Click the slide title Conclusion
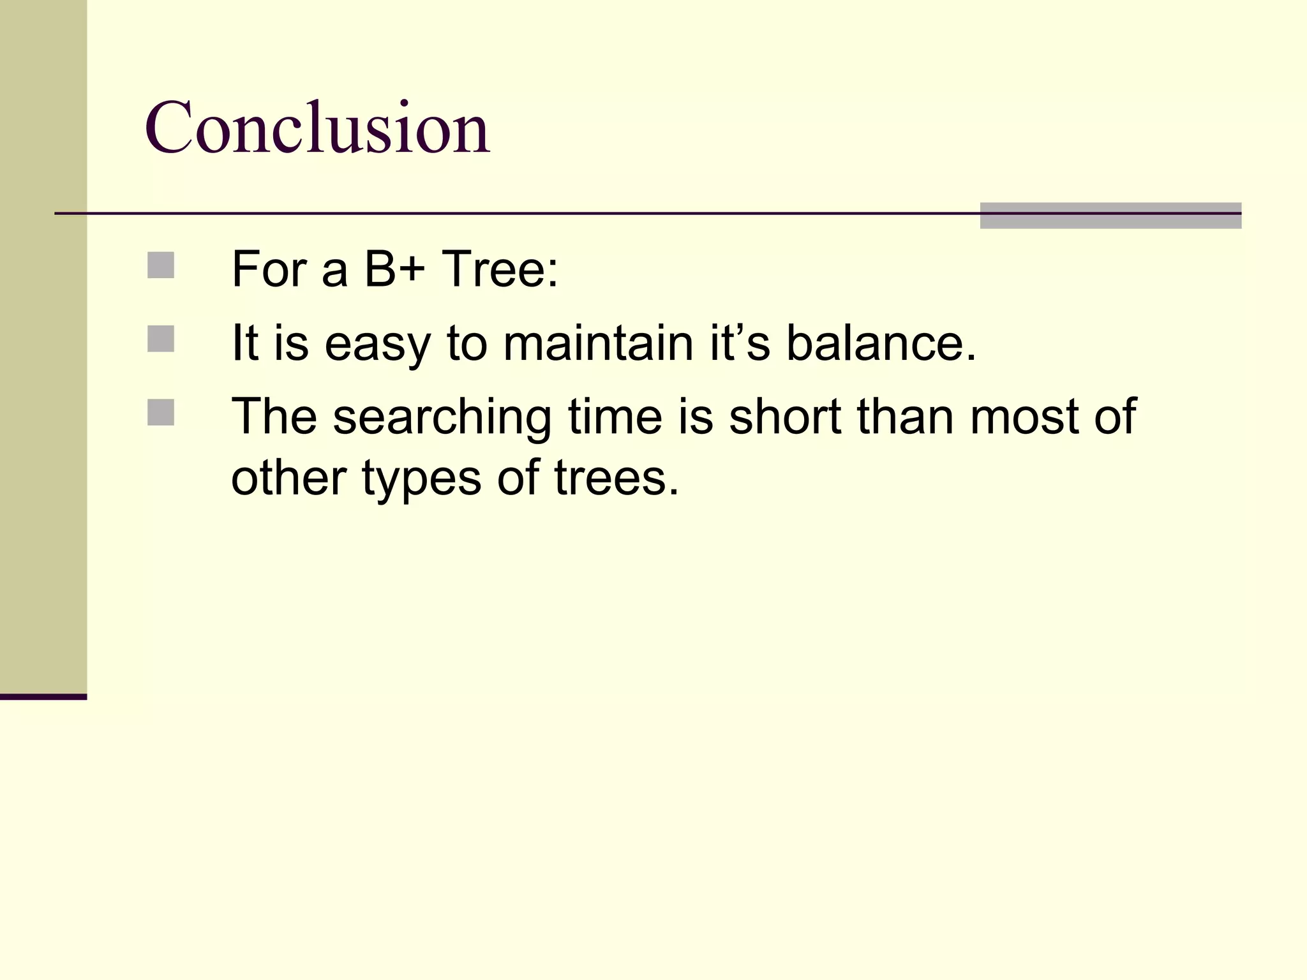[317, 128]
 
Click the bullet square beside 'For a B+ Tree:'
[161, 265]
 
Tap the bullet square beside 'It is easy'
[161, 339]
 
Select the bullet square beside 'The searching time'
[161, 412]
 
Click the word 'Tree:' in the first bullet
[500, 269]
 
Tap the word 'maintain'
[598, 343]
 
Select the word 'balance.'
[881, 343]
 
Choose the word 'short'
[785, 417]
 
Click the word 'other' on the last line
[288, 477]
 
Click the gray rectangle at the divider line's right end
[1110, 216]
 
